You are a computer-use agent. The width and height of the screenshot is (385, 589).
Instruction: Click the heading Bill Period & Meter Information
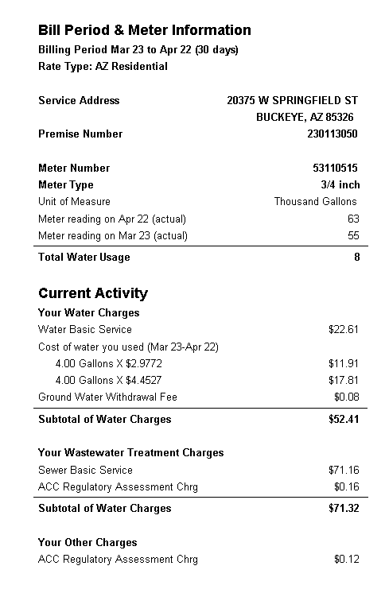(x=145, y=30)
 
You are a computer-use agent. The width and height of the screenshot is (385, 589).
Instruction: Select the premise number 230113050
(x=332, y=134)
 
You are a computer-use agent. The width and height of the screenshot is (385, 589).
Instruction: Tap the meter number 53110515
(x=335, y=169)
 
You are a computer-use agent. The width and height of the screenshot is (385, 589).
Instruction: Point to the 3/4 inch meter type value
(x=340, y=185)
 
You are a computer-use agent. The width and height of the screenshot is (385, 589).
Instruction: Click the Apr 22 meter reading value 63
(x=353, y=219)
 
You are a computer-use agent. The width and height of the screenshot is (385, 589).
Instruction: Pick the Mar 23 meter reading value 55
(x=353, y=236)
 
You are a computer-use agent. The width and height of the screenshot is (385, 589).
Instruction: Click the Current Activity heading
(x=93, y=293)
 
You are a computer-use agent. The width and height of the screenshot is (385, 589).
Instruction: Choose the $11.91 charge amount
(x=344, y=363)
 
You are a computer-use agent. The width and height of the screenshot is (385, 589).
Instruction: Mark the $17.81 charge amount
(x=344, y=380)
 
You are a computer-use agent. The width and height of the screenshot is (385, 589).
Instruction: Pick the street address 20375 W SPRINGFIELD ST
(x=292, y=101)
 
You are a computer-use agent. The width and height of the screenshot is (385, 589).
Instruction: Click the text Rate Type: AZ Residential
(x=103, y=67)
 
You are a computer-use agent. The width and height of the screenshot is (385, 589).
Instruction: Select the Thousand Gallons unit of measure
(x=316, y=202)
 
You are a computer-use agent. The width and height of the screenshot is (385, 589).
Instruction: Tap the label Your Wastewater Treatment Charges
(x=131, y=453)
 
